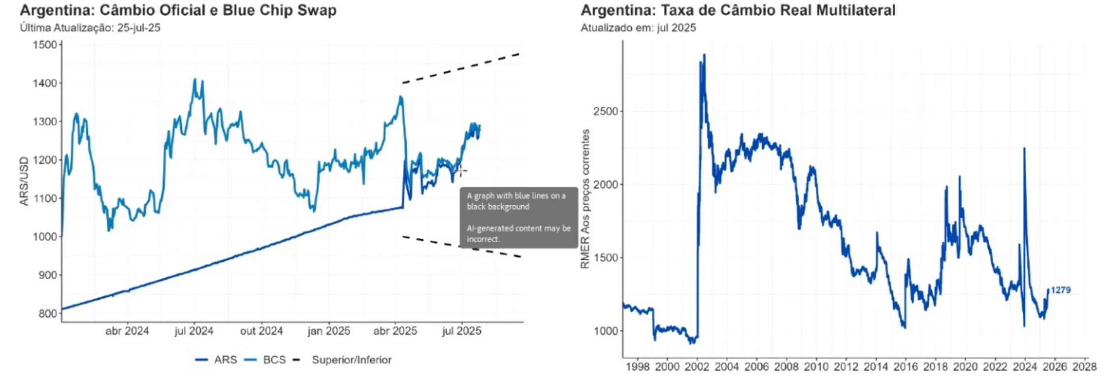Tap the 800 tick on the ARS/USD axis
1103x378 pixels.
pyautogui.click(x=47, y=314)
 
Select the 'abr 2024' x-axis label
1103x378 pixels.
pyautogui.click(x=127, y=331)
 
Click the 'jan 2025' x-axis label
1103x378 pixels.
pyautogui.click(x=328, y=331)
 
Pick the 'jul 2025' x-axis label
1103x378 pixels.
pyautogui.click(x=461, y=331)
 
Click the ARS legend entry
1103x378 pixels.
pyautogui.click(x=216, y=360)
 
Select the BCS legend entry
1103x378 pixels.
pyautogui.click(x=266, y=360)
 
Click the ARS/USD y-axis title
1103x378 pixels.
pyautogui.click(x=24, y=181)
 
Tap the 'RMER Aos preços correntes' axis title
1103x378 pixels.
pyautogui.click(x=585, y=199)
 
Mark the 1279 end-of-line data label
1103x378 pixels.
pyautogui.click(x=1060, y=290)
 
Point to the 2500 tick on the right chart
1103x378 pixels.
pyautogui.click(x=605, y=111)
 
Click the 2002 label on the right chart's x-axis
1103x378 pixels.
pyautogui.click(x=697, y=367)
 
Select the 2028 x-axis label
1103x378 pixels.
pyautogui.click(x=1084, y=367)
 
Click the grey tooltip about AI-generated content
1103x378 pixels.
pyautogui.click(x=519, y=217)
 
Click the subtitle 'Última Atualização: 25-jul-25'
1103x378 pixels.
pyautogui.click(x=90, y=28)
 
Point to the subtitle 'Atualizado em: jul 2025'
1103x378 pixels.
pyautogui.click(x=638, y=28)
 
